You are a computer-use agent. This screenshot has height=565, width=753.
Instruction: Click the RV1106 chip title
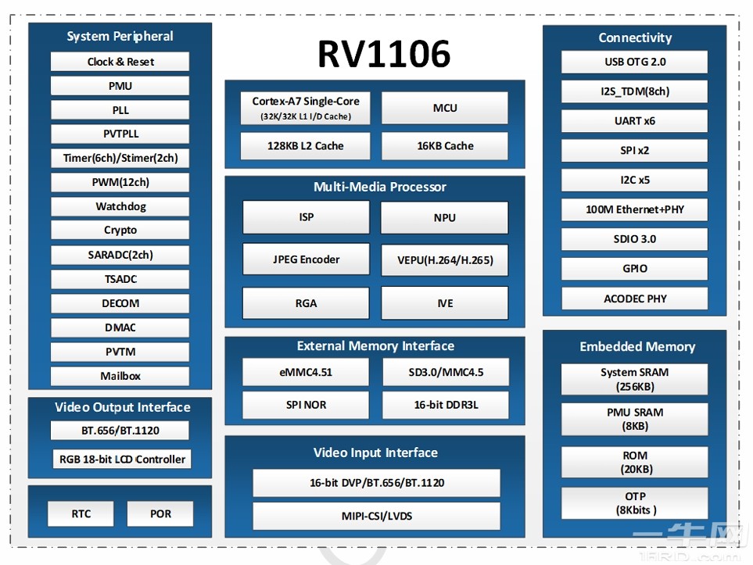click(383, 55)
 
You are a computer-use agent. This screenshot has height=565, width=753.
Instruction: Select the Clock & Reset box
click(120, 62)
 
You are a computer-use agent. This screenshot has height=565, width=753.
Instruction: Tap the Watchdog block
click(120, 206)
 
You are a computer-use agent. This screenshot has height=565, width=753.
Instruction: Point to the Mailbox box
click(120, 376)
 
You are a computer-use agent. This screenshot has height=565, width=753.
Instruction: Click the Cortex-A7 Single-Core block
click(306, 108)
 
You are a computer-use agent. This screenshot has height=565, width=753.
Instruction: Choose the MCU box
click(444, 108)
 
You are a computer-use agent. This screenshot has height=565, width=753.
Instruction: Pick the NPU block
click(444, 217)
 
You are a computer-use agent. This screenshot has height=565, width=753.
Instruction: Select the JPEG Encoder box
click(306, 259)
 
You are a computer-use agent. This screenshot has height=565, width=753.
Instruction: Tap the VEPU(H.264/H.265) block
click(444, 259)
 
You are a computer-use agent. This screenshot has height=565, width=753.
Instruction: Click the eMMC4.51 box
click(306, 372)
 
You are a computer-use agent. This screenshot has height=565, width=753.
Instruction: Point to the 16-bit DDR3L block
click(444, 405)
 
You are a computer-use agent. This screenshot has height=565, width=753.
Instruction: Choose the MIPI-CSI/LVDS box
click(376, 516)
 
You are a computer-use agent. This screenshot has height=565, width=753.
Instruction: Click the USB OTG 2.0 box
click(634, 62)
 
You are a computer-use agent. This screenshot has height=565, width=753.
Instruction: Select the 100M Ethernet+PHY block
click(634, 209)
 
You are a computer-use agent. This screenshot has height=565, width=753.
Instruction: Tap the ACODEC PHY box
click(634, 299)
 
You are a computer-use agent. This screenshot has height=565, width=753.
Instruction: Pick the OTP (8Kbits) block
click(634, 502)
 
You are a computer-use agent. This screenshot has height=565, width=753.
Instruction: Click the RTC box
click(81, 513)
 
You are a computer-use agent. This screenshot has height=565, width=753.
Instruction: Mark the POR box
click(160, 513)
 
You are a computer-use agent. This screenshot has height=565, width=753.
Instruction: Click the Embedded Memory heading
click(636, 346)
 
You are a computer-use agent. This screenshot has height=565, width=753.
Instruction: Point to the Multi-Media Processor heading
click(379, 187)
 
